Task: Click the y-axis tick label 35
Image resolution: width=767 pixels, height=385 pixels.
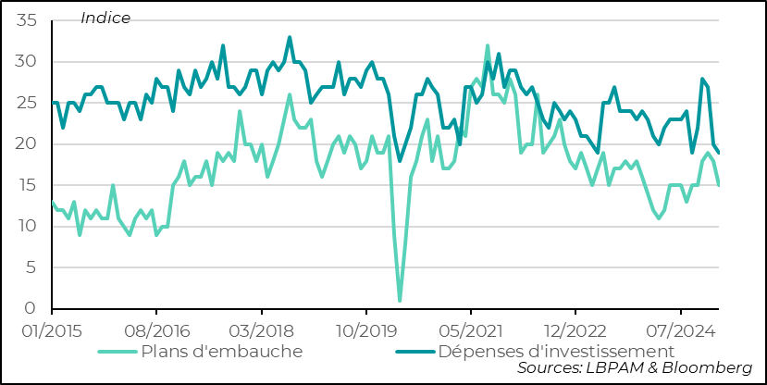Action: pyautogui.click(x=25, y=20)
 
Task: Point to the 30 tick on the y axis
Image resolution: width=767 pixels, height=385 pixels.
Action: pyautogui.click(x=25, y=62)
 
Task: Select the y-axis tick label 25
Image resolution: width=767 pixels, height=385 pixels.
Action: pyautogui.click(x=25, y=103)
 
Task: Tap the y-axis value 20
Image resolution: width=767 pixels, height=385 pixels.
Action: pyautogui.click(x=25, y=144)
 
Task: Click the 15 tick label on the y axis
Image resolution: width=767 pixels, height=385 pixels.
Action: pyautogui.click(x=25, y=185)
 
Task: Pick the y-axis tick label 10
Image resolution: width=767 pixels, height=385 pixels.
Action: pyautogui.click(x=25, y=227)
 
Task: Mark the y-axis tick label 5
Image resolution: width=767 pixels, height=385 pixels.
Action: pyautogui.click(x=31, y=267)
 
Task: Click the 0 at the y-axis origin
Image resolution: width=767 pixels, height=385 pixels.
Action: pyautogui.click(x=31, y=309)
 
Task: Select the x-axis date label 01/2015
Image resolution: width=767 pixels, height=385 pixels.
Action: pyautogui.click(x=51, y=330)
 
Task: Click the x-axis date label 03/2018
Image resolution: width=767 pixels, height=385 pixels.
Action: pyautogui.click(x=261, y=330)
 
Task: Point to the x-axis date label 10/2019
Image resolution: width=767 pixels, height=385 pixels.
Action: pyautogui.click(x=365, y=330)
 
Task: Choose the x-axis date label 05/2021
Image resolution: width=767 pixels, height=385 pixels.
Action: pyautogui.click(x=470, y=330)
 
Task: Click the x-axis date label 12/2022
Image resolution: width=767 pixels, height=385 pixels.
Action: pyautogui.click(x=575, y=330)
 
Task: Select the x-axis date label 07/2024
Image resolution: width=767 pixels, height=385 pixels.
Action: pyautogui.click(x=680, y=330)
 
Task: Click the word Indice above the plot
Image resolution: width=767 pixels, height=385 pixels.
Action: pyautogui.click(x=105, y=18)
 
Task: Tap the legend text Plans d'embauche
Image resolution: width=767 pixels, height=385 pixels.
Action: pyautogui.click(x=221, y=351)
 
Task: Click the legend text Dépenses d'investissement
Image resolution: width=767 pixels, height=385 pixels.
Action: pyautogui.click(x=555, y=351)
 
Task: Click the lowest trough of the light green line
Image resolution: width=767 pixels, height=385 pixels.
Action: pyautogui.click(x=400, y=300)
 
